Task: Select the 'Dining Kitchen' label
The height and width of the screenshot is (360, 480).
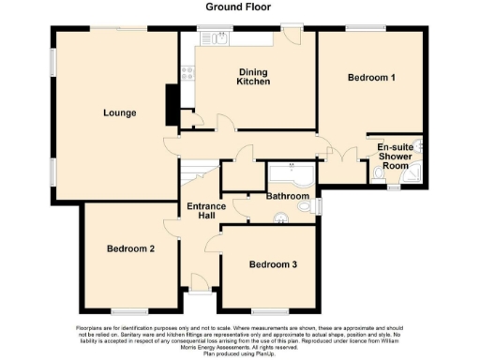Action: click(x=252, y=77)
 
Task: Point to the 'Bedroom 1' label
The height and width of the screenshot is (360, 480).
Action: click(x=370, y=77)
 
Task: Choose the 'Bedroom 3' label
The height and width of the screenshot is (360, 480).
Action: click(x=273, y=265)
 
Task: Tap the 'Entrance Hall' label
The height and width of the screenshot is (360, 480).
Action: click(x=201, y=211)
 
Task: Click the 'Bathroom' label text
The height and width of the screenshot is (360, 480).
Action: click(x=287, y=196)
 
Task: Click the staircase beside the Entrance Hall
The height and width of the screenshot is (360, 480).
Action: click(x=195, y=172)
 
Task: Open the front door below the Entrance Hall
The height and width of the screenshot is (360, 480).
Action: click(x=200, y=281)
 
